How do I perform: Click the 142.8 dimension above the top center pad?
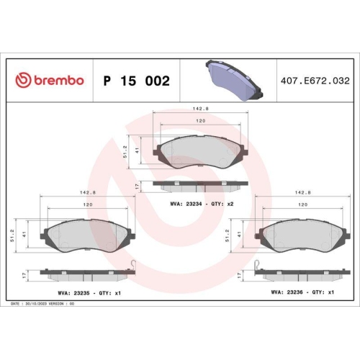[200, 109]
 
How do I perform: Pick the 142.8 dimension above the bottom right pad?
[303, 193]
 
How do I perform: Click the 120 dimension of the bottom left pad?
[87, 206]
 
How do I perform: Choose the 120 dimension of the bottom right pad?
[302, 206]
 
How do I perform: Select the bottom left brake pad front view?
[87, 235]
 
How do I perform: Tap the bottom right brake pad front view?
[303, 235]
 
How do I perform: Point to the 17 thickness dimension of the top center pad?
[137, 186]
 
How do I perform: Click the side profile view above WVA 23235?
[87, 275]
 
